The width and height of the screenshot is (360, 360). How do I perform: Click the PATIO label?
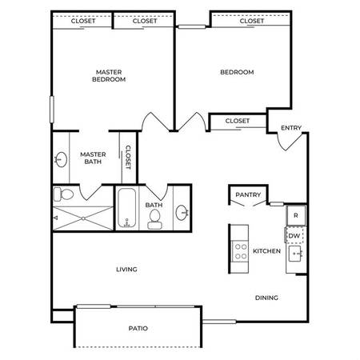coord(138,328)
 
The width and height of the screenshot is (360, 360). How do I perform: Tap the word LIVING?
coord(126,270)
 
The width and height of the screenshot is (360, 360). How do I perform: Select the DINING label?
coord(266,298)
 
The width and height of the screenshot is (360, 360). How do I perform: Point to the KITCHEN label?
coord(266,251)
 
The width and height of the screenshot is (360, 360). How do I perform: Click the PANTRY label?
coord(248,194)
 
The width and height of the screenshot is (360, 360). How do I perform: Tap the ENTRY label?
coord(291,128)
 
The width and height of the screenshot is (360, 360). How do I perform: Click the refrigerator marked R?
coord(296,215)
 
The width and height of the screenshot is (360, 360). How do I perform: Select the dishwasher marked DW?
coord(294,235)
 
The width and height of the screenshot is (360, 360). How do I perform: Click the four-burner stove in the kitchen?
coord(241,251)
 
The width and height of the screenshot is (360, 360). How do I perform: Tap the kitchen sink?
coord(296,254)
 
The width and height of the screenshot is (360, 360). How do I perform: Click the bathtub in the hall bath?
coord(126,208)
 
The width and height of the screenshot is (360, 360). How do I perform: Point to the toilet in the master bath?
coord(63,194)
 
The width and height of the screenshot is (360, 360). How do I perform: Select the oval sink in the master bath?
coord(62,159)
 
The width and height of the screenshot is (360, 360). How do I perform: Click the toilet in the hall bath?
coord(154,219)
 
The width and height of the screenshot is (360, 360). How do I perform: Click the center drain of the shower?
coord(83,218)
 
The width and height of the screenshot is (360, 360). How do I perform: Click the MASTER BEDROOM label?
coord(109,76)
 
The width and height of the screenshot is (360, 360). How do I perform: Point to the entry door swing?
coord(290,142)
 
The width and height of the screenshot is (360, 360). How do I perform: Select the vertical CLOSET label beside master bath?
coord(128,158)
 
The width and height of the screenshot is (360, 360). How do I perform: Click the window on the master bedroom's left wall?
coord(52,110)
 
